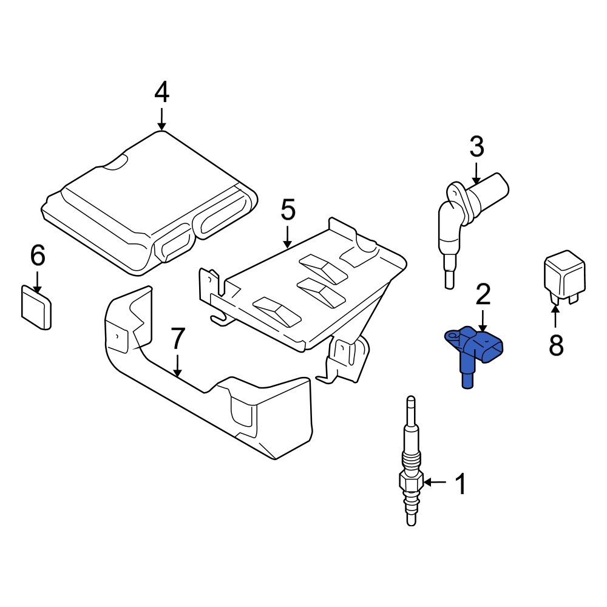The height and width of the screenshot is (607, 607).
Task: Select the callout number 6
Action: point(38,257)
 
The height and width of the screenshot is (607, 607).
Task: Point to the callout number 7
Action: point(177,339)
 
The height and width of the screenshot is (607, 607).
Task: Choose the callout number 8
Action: point(555,345)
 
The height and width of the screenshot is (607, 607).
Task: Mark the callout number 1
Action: point(461,484)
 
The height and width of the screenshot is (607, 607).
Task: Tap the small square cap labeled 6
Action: point(36,309)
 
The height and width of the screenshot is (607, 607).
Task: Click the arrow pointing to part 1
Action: point(435,483)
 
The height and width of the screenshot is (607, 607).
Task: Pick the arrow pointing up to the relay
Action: point(555,316)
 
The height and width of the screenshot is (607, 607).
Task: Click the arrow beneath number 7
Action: point(177,367)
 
